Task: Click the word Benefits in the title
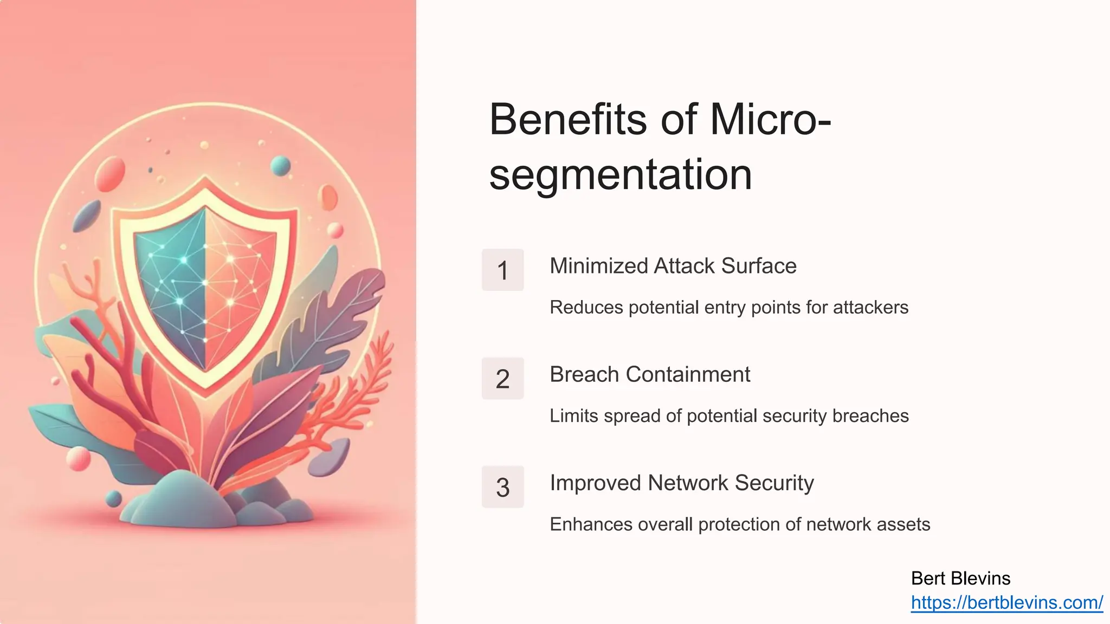point(568,120)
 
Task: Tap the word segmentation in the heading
point(620,175)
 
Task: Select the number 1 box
point(502,270)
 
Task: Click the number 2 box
point(502,379)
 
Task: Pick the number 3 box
point(502,487)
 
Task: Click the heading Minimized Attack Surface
point(673,266)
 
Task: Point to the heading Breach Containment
point(649,374)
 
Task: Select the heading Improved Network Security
point(681,483)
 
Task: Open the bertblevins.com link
point(1006,602)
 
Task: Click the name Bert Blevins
point(960,578)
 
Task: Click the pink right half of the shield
point(238,282)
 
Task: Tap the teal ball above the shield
point(280,165)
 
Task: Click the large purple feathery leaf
point(336,314)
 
